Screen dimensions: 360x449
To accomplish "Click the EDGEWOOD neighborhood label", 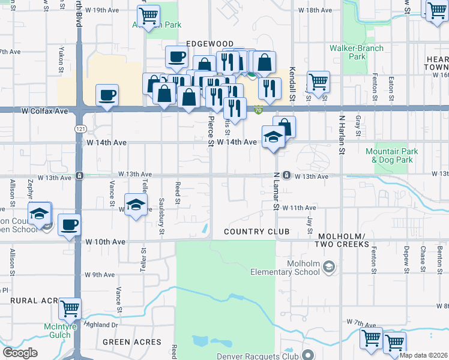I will pyautogui.click(x=209, y=44).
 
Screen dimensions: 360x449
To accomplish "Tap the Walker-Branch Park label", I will pyautogui.click(x=348, y=52).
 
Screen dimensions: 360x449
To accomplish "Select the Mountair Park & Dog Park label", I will pyautogui.click(x=389, y=156).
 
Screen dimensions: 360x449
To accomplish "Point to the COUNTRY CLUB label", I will pyautogui.click(x=256, y=232).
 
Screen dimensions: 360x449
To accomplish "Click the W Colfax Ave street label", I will pyautogui.click(x=42, y=111).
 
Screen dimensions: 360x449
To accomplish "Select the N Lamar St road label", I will pyautogui.click(x=277, y=191).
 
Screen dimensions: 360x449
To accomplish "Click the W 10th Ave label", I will pyautogui.click(x=105, y=241).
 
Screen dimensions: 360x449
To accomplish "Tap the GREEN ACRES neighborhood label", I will pyautogui.click(x=125, y=342).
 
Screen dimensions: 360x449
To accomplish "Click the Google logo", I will pyautogui.click(x=20, y=353).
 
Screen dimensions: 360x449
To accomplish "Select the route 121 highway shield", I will pyautogui.click(x=80, y=129).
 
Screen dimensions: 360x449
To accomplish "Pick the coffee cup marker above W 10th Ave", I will pyautogui.click(x=70, y=224).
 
